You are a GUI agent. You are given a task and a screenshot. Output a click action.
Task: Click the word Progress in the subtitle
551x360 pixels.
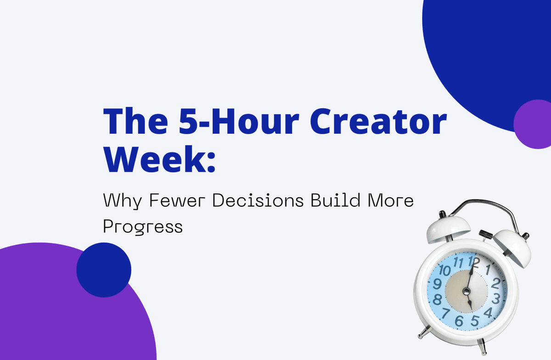142,226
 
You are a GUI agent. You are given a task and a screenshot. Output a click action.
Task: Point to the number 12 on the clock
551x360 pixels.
473,262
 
